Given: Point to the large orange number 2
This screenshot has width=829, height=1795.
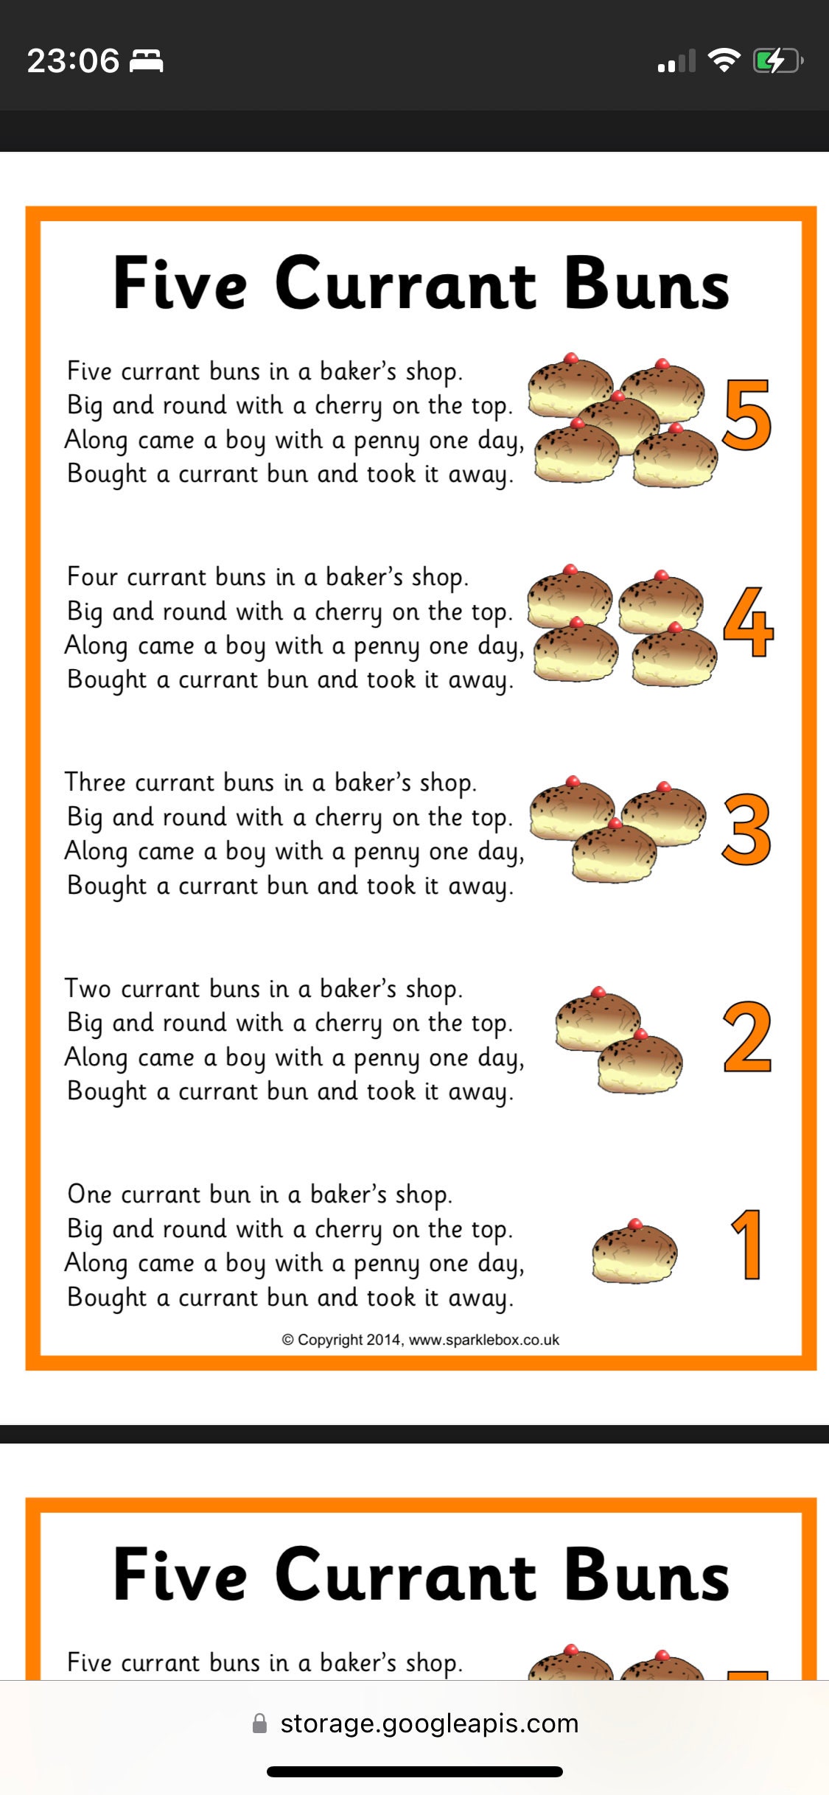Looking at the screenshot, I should pyautogui.click(x=747, y=1037).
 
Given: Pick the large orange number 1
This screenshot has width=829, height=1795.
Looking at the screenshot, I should pyautogui.click(x=747, y=1245).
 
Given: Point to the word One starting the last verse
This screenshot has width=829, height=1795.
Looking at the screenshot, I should pyautogui.click(x=89, y=1194).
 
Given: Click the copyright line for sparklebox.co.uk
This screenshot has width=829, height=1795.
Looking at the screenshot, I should pyautogui.click(x=420, y=1340).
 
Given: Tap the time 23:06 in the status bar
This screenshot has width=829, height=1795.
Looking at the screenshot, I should pyautogui.click(x=73, y=60).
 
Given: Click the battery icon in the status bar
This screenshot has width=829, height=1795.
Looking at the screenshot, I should pyautogui.click(x=777, y=60).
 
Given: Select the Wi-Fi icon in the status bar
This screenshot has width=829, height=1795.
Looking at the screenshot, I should pyautogui.click(x=724, y=60).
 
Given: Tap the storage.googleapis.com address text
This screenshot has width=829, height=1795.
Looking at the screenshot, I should pyautogui.click(x=429, y=1724).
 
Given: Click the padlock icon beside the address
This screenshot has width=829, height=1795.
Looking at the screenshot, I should pyautogui.click(x=259, y=1724).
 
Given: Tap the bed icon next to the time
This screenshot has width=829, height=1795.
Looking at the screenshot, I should pyautogui.click(x=146, y=60).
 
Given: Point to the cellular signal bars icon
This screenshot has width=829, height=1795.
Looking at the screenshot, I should pyautogui.click(x=676, y=61).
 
